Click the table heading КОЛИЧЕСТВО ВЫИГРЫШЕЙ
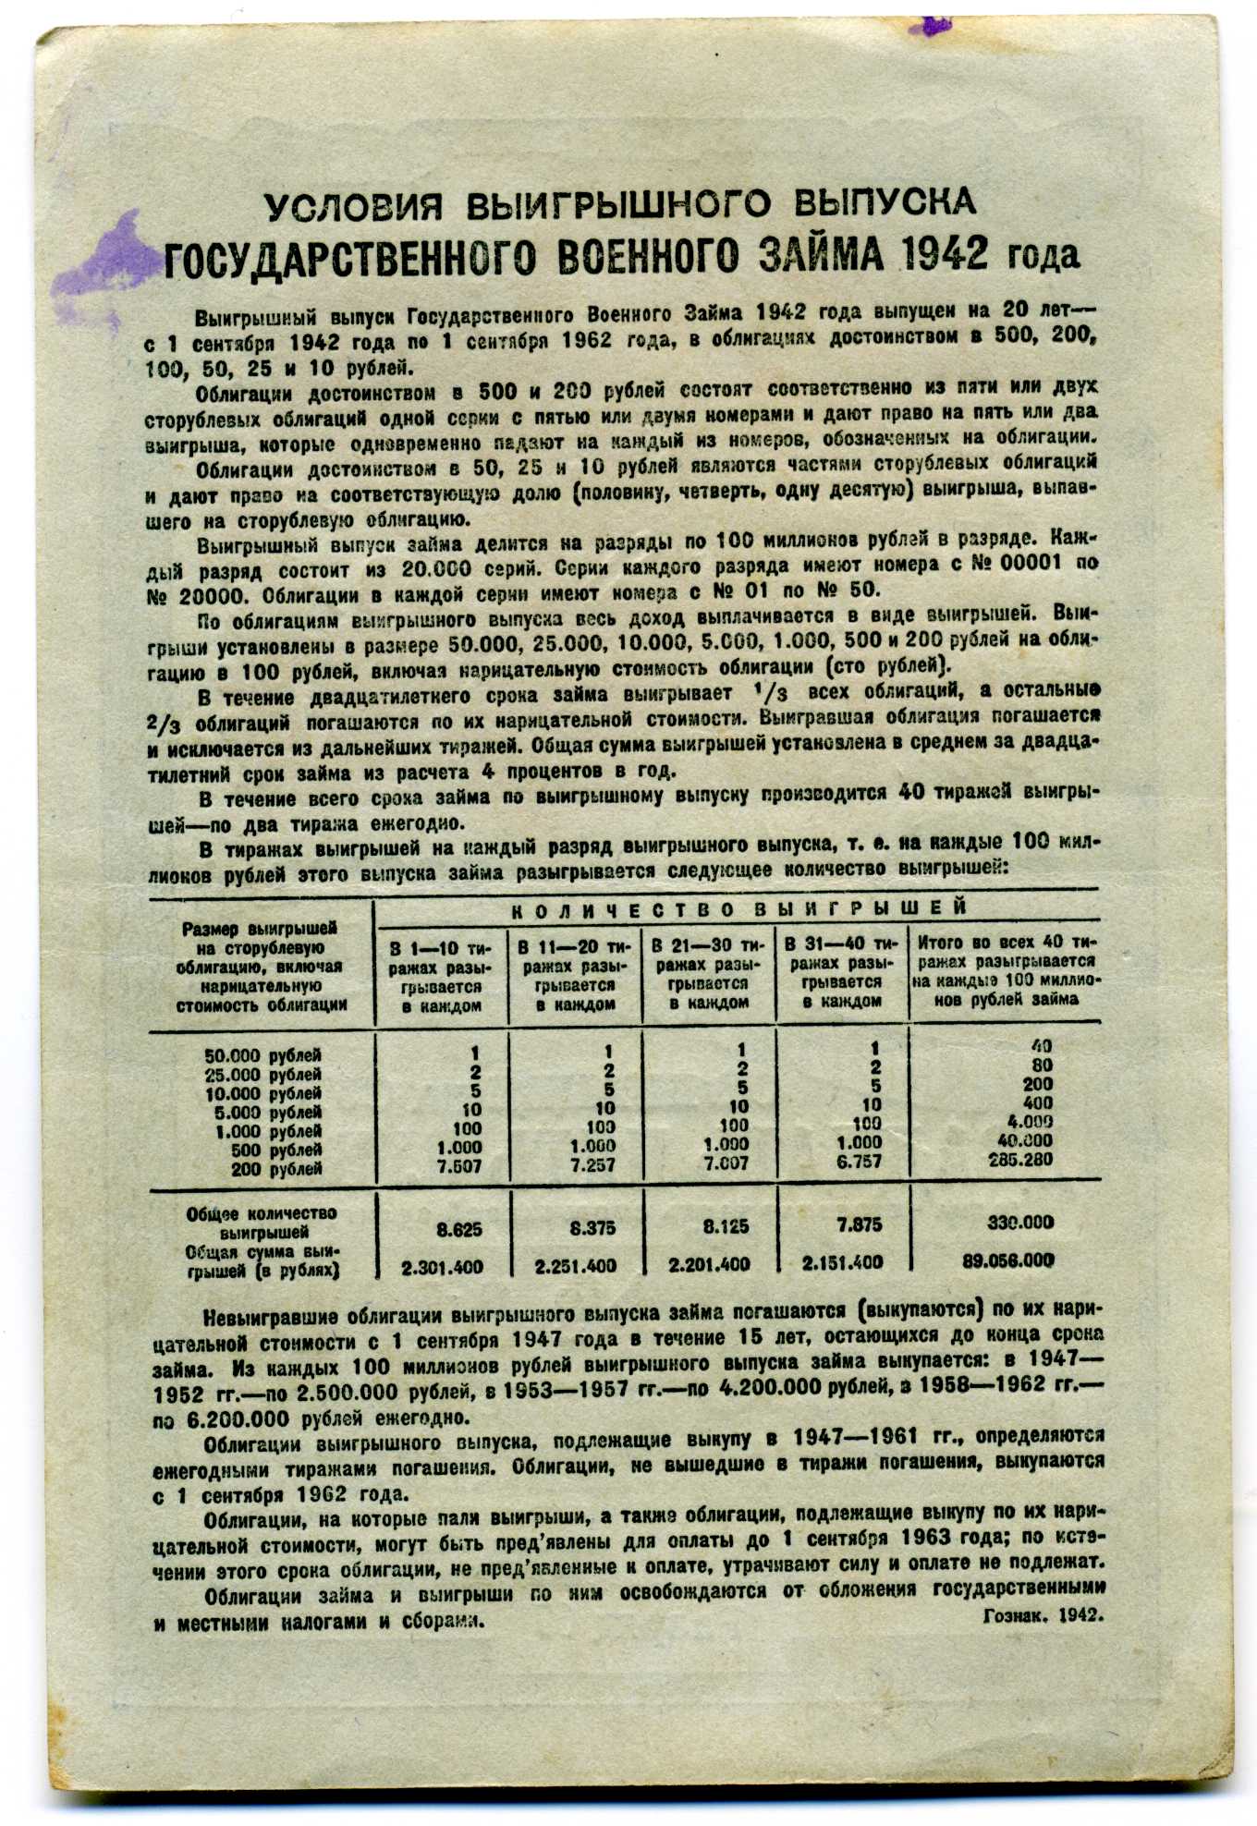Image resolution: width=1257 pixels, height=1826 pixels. click(x=738, y=908)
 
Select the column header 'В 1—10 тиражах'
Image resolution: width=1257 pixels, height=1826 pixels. click(x=441, y=976)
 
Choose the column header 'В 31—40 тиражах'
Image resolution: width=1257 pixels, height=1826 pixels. click(x=840, y=974)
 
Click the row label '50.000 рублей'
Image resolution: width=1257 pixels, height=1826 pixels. click(x=262, y=1055)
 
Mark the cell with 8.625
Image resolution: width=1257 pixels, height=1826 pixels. click(x=458, y=1230)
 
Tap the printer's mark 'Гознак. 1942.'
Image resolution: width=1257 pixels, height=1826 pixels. click(x=1043, y=1615)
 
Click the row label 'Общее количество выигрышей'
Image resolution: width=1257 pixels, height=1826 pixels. click(x=262, y=1223)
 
